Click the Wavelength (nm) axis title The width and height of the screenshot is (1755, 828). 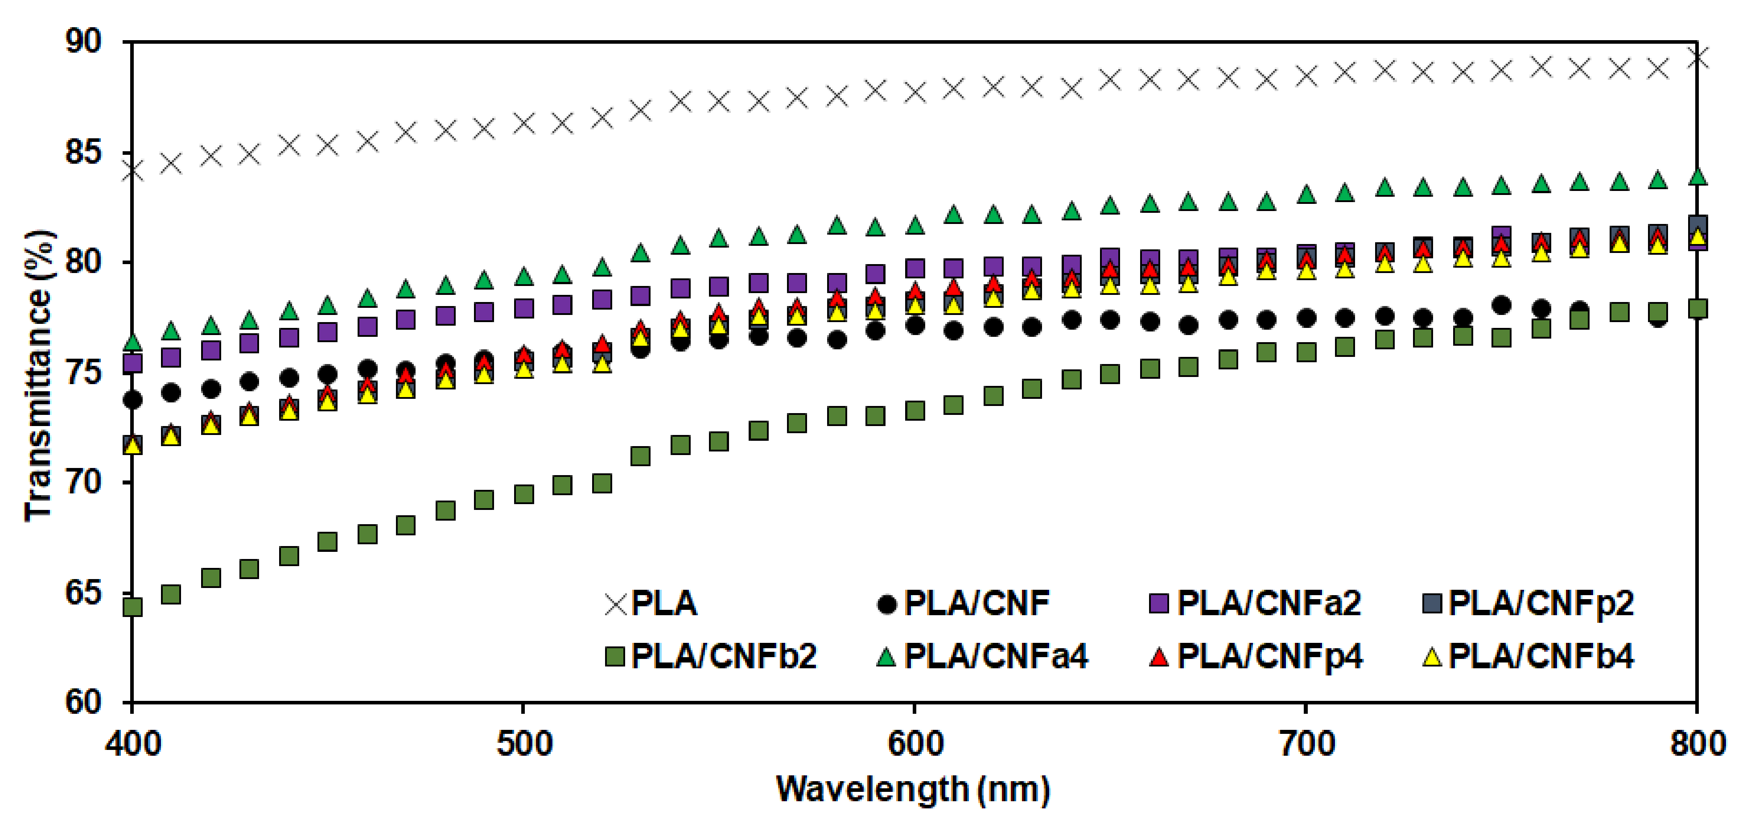click(x=913, y=790)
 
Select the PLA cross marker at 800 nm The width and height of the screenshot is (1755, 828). click(x=1697, y=58)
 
